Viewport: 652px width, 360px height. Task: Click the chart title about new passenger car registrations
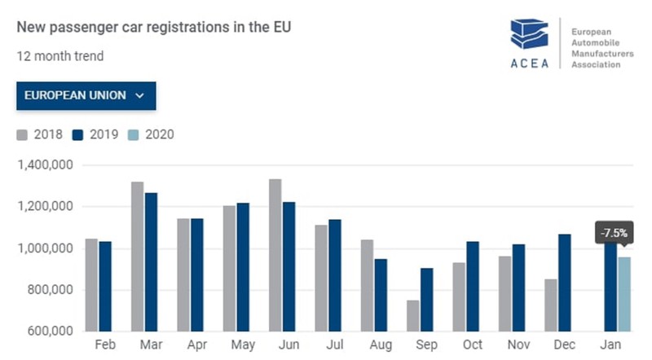click(x=154, y=27)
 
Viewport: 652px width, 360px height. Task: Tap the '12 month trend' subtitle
click(x=59, y=56)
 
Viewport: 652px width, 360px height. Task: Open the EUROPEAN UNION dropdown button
click(x=86, y=95)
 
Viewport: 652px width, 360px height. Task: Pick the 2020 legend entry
click(x=152, y=134)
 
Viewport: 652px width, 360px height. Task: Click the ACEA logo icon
click(x=529, y=37)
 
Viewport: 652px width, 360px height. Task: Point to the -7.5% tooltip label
click(x=613, y=233)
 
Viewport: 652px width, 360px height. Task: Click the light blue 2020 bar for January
click(x=623, y=294)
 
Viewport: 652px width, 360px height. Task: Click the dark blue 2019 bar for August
click(x=381, y=295)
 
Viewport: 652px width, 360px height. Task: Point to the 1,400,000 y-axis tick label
click(x=46, y=165)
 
